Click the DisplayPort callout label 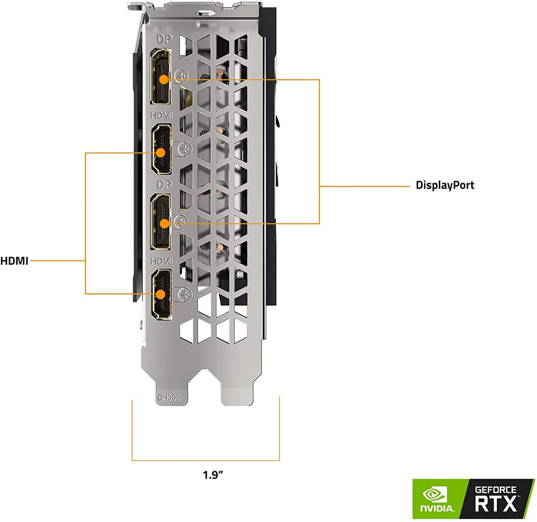click(445, 185)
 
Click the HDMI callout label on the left click(14, 261)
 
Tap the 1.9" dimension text click(213, 474)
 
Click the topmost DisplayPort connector click(161, 77)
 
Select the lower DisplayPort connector click(161, 221)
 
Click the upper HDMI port click(161, 149)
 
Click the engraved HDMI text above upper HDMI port click(161, 116)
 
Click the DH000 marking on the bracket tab click(169, 398)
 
